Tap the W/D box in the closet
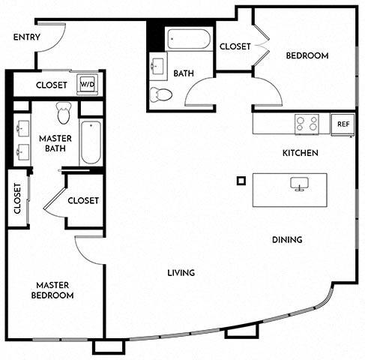click(x=88, y=85)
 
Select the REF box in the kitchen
click(x=343, y=124)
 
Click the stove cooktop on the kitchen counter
click(x=307, y=123)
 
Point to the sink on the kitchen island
click(x=299, y=184)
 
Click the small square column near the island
click(x=241, y=180)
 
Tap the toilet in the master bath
click(x=63, y=113)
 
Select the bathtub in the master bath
click(x=91, y=142)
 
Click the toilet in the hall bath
click(x=160, y=94)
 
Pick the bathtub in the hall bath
click(x=189, y=39)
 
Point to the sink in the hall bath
click(x=158, y=67)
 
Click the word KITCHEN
click(x=300, y=153)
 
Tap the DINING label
click(x=287, y=240)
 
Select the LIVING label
click(x=181, y=273)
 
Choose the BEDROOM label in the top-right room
click(x=307, y=56)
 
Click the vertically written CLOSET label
click(x=16, y=198)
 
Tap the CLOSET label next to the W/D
click(x=51, y=85)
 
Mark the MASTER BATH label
click(x=55, y=142)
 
